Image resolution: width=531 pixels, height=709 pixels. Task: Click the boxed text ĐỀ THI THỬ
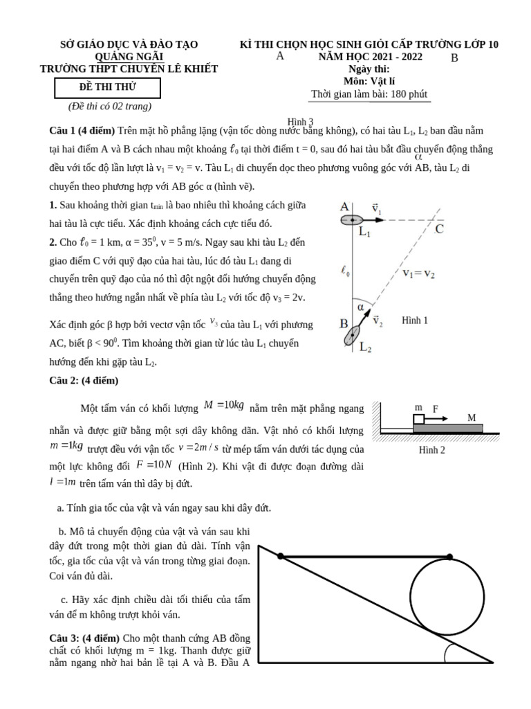(107, 87)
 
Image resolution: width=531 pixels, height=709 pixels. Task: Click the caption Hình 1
(415, 321)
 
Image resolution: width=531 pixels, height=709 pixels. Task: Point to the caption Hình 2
(432, 450)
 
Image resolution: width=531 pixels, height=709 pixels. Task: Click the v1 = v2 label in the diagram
(428, 273)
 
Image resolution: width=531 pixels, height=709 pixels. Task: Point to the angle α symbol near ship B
(360, 305)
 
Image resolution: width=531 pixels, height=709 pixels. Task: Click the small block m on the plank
(418, 419)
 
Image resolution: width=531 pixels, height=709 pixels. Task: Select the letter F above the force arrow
(436, 409)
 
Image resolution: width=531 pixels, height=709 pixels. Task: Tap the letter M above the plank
(472, 418)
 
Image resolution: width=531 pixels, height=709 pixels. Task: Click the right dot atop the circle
(449, 556)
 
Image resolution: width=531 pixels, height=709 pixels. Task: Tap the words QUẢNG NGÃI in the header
(129, 56)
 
